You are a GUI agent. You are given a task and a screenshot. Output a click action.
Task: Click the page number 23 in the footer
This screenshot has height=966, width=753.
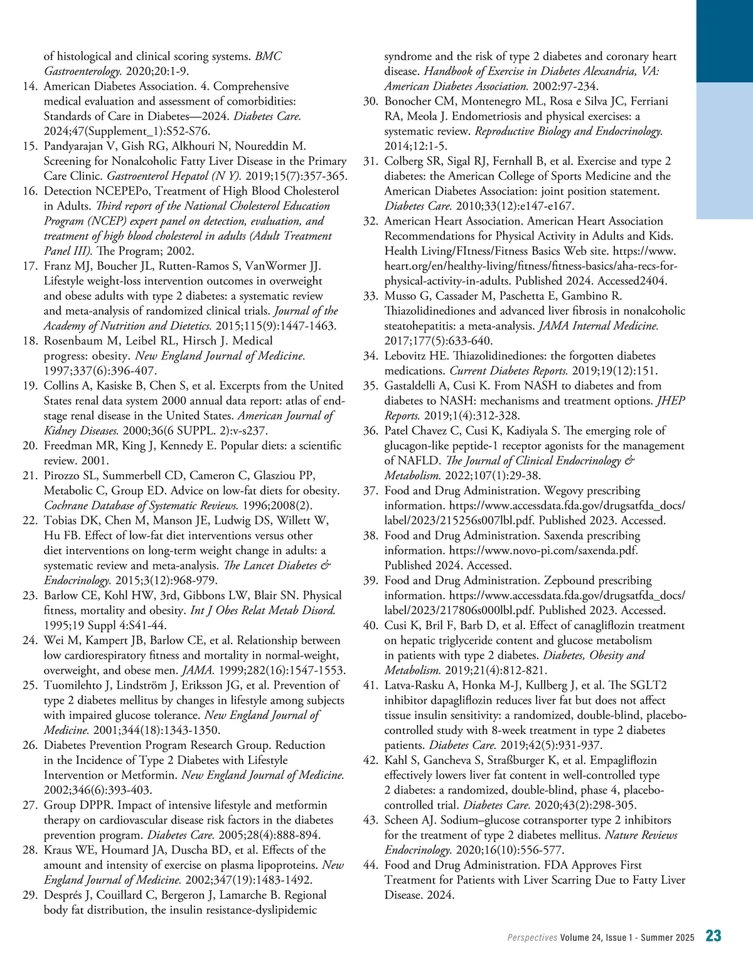(x=713, y=936)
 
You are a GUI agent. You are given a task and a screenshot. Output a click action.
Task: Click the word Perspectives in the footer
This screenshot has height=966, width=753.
(x=532, y=938)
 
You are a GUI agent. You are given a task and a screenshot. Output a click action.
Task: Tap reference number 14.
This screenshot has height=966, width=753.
(x=31, y=86)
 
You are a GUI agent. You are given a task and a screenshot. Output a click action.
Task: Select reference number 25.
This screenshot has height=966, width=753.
(x=31, y=685)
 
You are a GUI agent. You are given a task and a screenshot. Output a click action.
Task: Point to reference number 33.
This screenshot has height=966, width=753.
(x=371, y=295)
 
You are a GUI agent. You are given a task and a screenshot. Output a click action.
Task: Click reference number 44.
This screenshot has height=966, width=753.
(x=371, y=865)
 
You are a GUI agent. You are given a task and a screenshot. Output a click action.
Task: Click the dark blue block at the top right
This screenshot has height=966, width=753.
(x=725, y=41)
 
